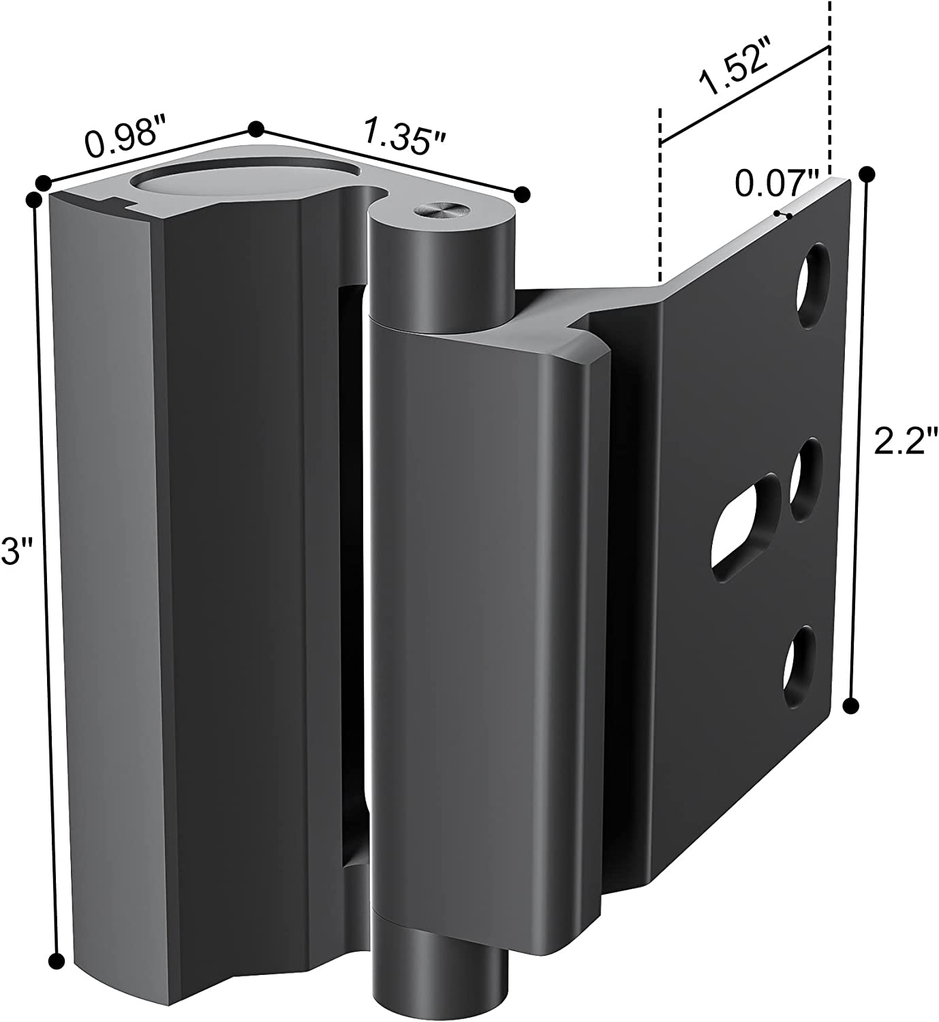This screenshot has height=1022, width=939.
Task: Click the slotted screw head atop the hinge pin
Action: click(x=437, y=211)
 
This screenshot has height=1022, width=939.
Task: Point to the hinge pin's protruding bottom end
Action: click(x=440, y=974)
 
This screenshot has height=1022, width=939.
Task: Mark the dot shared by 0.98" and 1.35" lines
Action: click(x=256, y=129)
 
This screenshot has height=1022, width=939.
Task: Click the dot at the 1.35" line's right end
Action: click(x=522, y=193)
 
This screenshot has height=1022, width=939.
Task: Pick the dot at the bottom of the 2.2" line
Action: click(x=850, y=706)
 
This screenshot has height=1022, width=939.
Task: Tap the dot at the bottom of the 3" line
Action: click(x=57, y=961)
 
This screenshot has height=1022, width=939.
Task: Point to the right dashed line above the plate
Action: click(x=829, y=82)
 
